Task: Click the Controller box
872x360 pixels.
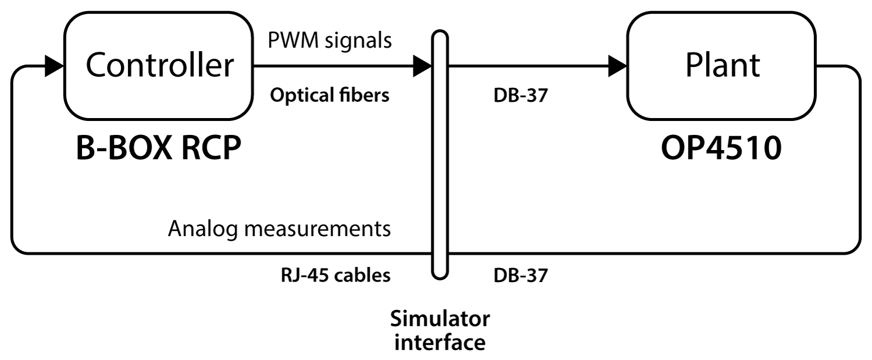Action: (159, 66)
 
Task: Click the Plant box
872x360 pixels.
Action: (723, 66)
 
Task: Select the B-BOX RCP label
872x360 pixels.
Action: (158, 150)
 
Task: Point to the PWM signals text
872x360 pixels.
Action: (329, 41)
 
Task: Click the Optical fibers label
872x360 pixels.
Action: (329, 96)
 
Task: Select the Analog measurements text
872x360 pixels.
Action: (279, 229)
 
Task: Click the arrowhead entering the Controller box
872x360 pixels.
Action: (53, 67)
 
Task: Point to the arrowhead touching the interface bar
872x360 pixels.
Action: (422, 67)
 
